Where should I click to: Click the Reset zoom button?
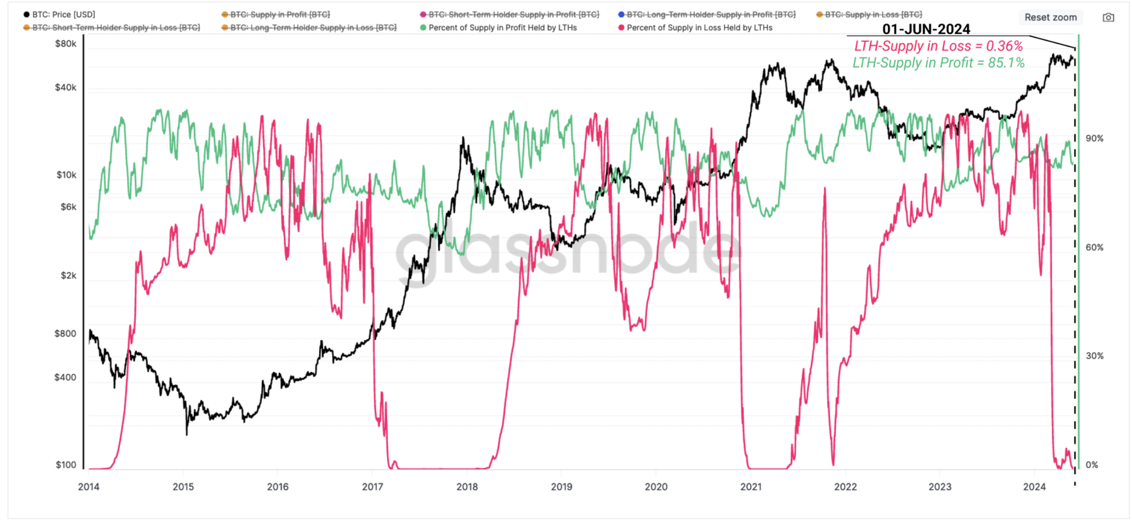(1050, 17)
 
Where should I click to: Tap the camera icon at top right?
(1108, 18)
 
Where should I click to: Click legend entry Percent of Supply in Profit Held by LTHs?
(502, 28)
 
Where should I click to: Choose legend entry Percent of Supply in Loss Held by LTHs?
(699, 28)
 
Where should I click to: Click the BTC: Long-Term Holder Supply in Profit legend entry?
(711, 15)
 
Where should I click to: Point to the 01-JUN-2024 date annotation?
(926, 29)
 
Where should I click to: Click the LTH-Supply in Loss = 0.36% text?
(938, 46)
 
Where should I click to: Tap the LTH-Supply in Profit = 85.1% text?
(938, 63)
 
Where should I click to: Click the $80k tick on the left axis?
(66, 44)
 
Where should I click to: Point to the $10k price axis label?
(66, 175)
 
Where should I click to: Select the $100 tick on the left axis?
(66, 465)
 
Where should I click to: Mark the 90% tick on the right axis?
(1094, 139)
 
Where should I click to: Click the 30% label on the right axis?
(1094, 356)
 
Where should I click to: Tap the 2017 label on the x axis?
(372, 487)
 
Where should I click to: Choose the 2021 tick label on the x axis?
(751, 487)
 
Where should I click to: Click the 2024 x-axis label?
(1034, 487)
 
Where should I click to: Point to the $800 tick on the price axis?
(65, 334)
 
